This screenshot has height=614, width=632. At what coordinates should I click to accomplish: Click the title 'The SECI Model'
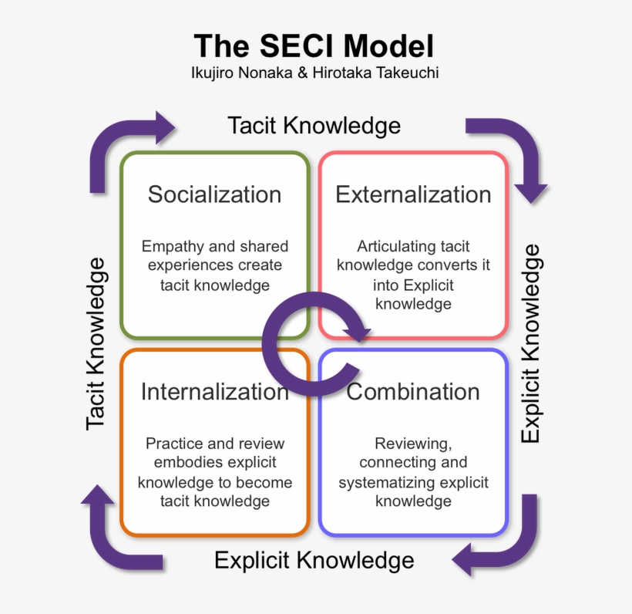[x=314, y=46]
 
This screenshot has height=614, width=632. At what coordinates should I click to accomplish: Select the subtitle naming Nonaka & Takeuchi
[x=314, y=73]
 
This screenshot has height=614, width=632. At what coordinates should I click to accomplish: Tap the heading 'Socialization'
[x=214, y=194]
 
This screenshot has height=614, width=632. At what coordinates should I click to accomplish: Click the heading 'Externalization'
[x=413, y=194]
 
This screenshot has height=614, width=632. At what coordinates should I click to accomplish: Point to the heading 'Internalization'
[x=215, y=392]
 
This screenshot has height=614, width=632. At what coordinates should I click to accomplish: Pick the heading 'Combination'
[x=413, y=392]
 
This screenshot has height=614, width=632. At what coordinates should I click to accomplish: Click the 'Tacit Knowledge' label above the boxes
[x=314, y=126]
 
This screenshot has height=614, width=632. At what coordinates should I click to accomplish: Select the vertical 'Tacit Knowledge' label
[x=96, y=344]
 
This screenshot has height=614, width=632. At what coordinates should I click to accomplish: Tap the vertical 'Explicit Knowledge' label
[x=530, y=344]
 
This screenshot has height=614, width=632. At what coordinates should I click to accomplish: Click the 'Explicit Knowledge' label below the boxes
[x=314, y=560]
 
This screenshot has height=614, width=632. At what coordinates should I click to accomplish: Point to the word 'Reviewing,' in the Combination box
[x=413, y=444]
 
